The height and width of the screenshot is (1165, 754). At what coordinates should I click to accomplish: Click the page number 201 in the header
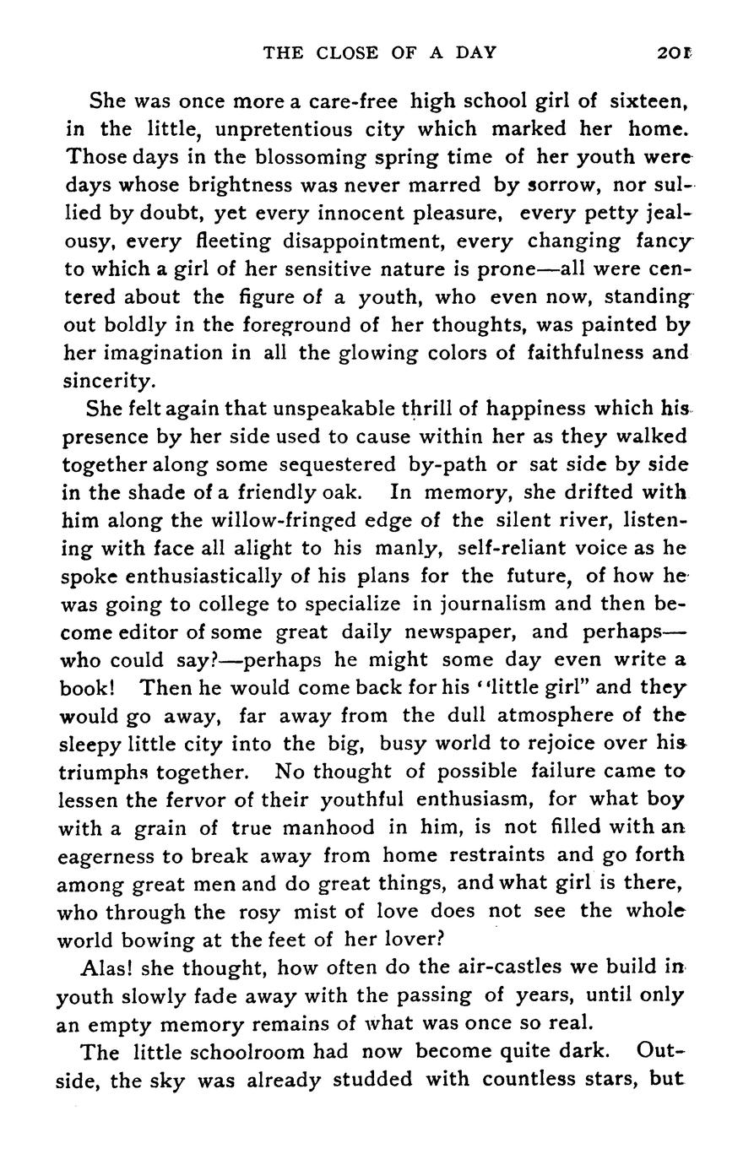click(675, 52)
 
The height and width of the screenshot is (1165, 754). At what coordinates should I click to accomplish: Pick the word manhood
click(334, 826)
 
